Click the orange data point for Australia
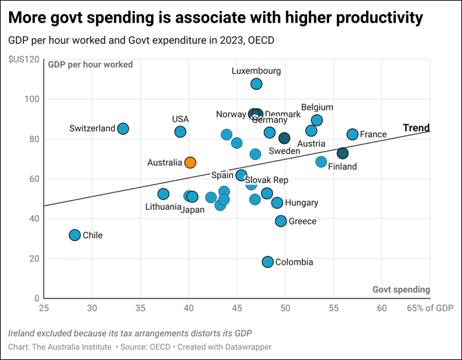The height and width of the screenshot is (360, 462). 190,163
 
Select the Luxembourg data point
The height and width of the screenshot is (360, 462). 256,84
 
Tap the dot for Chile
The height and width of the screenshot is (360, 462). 75,235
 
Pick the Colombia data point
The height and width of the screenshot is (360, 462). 268,262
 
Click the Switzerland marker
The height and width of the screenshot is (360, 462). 122,129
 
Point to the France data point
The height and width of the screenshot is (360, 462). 352,134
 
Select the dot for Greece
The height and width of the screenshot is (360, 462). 281,221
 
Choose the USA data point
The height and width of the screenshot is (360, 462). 180,131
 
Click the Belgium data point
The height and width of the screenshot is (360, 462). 317,120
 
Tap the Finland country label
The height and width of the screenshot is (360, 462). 342,166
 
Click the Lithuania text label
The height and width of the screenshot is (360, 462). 163,207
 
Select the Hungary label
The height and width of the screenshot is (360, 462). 301,203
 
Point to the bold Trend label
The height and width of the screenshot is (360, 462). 416,128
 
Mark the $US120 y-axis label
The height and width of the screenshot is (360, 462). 23,60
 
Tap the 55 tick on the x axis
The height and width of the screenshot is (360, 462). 334,308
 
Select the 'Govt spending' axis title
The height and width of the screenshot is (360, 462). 401,289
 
